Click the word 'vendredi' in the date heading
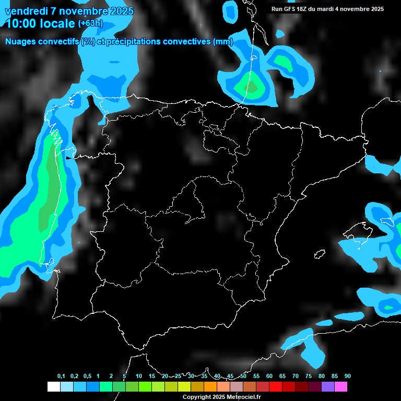(26, 11)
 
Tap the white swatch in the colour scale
(53, 386)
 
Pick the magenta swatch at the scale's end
(341, 386)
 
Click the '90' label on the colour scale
(347, 376)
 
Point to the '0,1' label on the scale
(61, 376)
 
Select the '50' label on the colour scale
(243, 376)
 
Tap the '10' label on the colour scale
(139, 376)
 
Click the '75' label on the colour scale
(309, 376)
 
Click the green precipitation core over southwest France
(251, 87)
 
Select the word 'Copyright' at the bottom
(197, 397)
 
